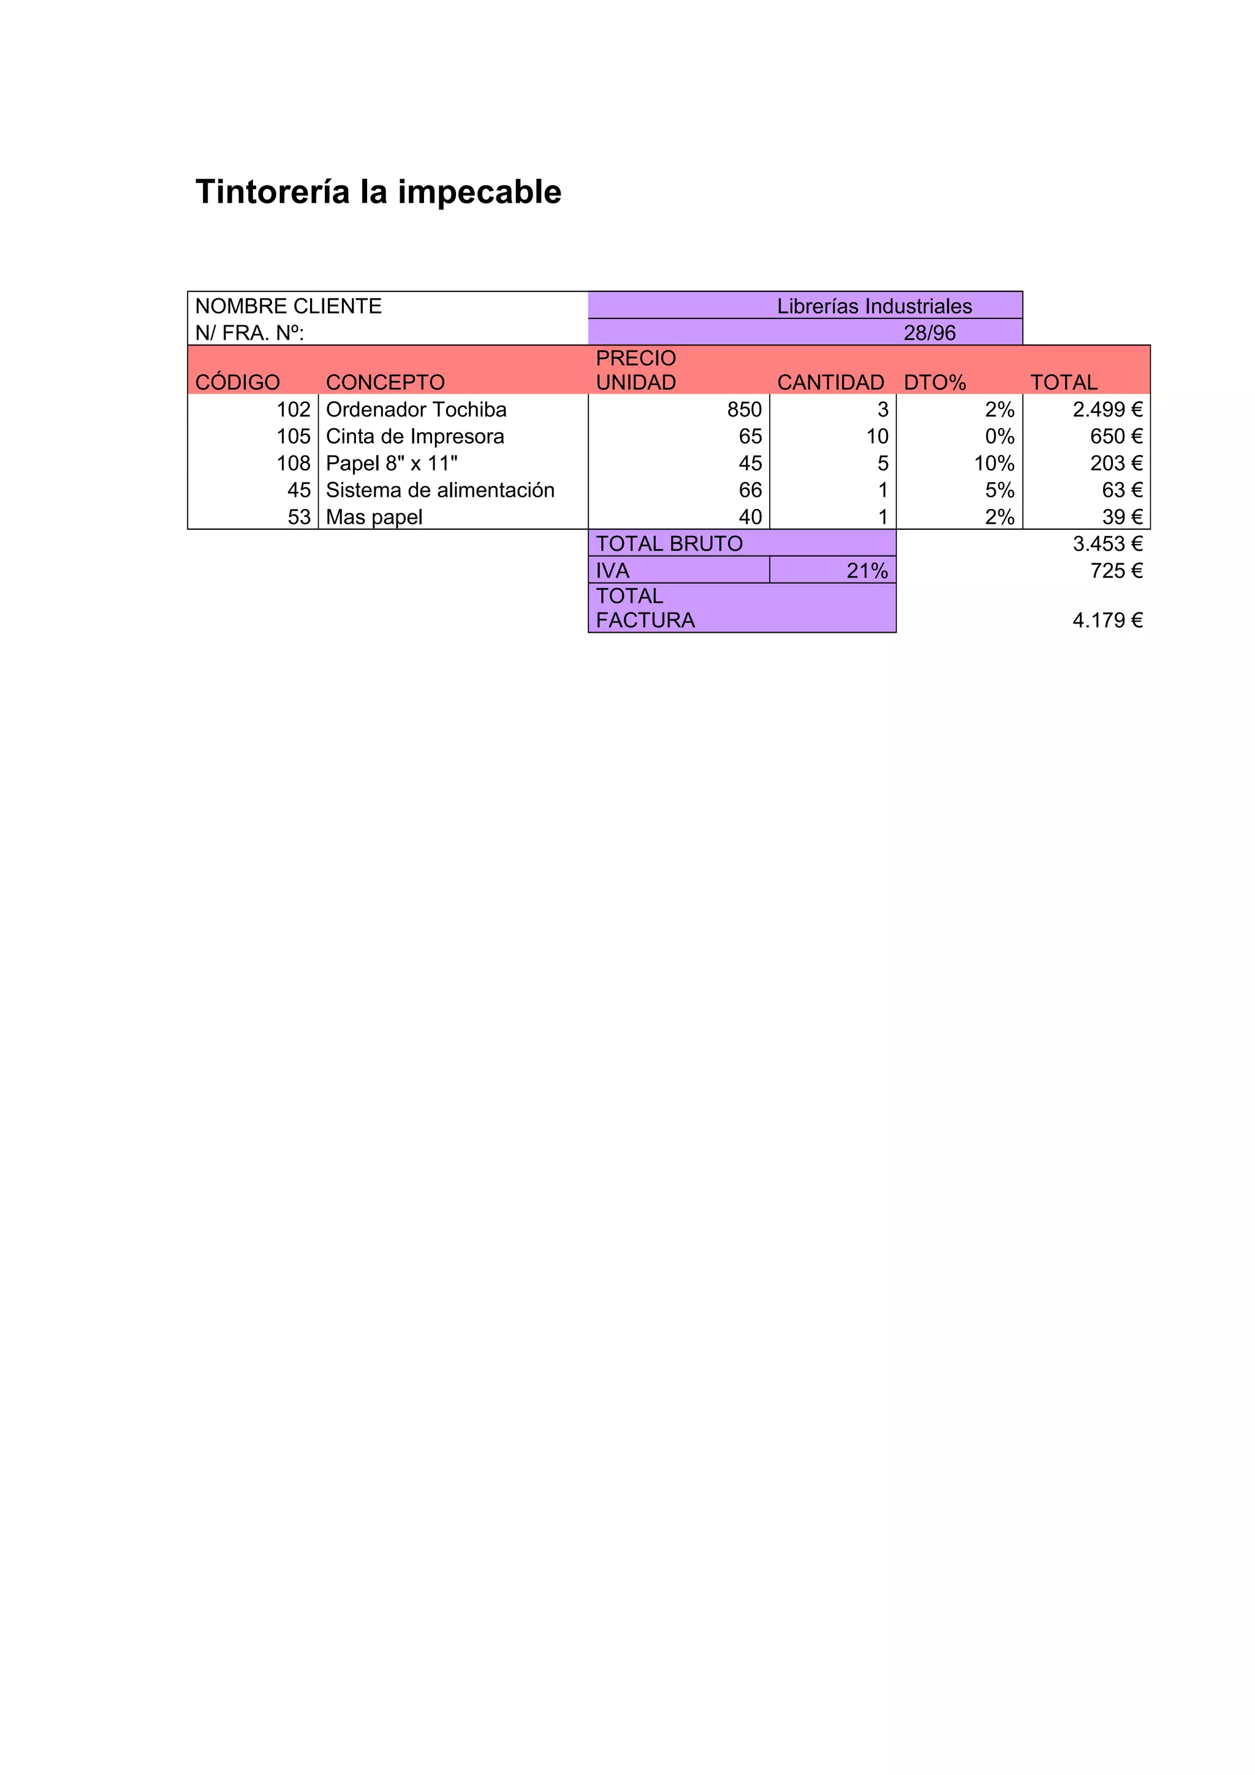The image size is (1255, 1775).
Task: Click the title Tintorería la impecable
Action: click(378, 192)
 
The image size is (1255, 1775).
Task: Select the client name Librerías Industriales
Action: click(874, 306)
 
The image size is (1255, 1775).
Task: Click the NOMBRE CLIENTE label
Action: click(289, 306)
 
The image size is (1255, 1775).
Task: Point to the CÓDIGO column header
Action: click(237, 382)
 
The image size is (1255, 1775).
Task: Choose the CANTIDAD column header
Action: click(830, 382)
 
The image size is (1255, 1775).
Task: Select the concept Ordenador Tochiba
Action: click(416, 409)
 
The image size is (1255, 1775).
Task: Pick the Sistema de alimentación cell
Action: click(440, 490)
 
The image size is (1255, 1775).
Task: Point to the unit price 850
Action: click(744, 409)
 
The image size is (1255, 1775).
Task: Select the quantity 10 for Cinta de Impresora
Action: click(877, 436)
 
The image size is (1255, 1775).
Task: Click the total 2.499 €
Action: click(1107, 409)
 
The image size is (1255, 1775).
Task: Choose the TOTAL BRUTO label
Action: click(669, 543)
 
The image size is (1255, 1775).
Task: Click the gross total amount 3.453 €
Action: click(1107, 543)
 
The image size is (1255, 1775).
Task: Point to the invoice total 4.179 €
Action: click(1107, 620)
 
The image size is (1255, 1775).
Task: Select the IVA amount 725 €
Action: click(1116, 571)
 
